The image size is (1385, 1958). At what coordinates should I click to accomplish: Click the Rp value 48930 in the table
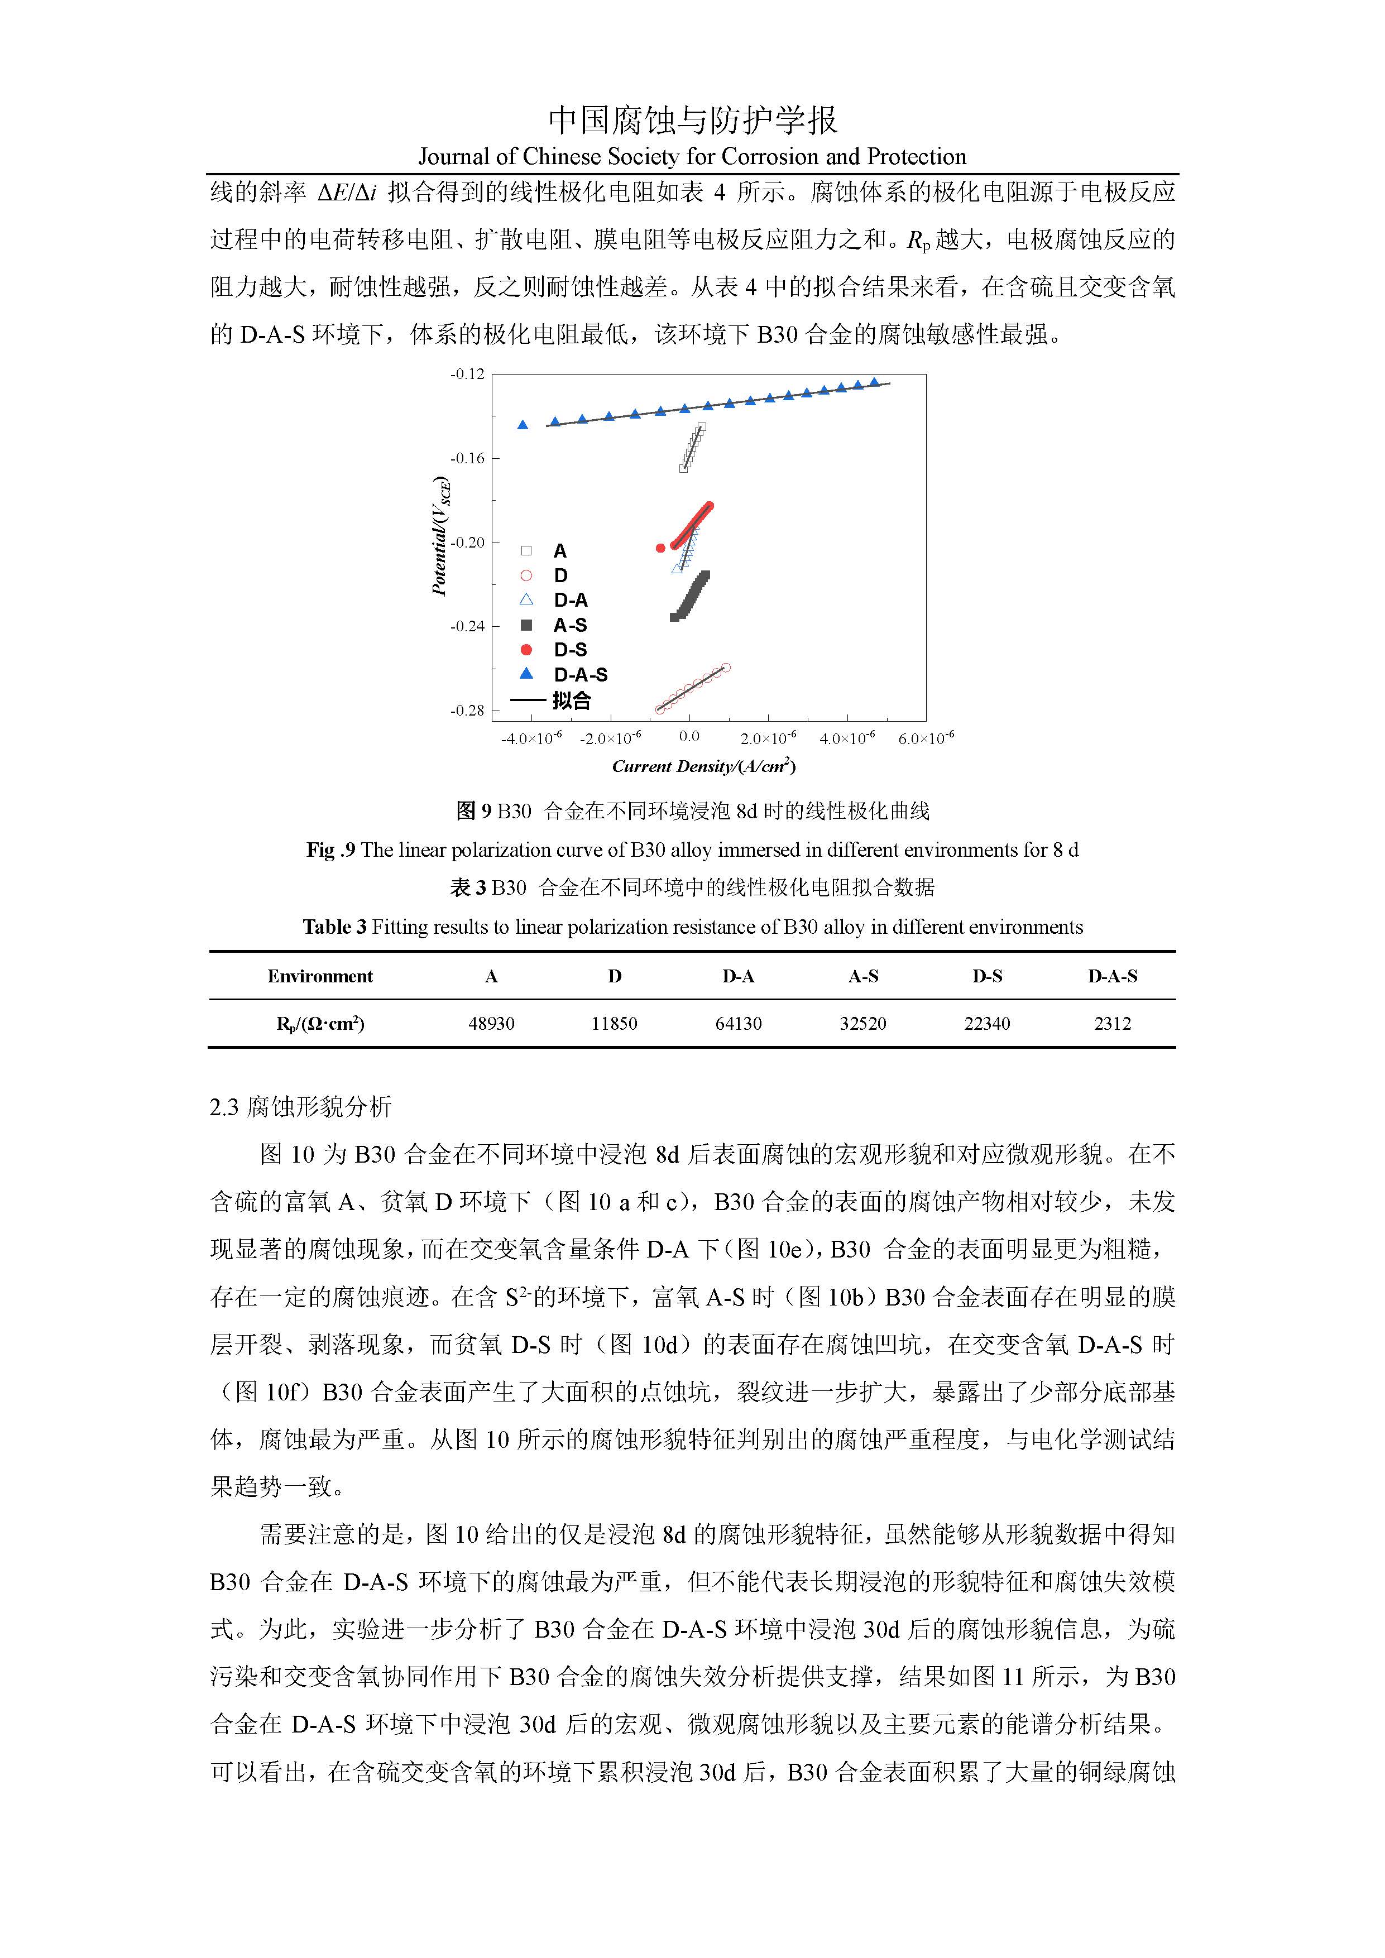491,1023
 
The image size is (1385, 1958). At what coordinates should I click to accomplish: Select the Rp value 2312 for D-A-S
1112,1023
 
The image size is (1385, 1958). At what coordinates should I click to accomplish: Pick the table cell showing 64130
739,1023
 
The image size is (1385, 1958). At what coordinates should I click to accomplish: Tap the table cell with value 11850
614,1023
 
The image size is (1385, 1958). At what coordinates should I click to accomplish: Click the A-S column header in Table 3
863,976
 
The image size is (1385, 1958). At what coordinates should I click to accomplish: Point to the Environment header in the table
320,976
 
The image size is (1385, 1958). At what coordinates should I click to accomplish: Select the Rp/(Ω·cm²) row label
320,1023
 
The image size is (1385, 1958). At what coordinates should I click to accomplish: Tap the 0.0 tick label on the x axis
689,737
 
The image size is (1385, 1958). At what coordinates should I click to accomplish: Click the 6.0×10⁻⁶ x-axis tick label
926,738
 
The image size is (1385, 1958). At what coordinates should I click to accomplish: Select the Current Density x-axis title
703,766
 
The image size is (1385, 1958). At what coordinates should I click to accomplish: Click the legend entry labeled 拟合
571,700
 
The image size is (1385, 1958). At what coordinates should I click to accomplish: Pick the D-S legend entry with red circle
570,650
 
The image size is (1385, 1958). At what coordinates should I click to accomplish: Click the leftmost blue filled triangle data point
523,425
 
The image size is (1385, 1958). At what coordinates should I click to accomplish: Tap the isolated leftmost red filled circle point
660,548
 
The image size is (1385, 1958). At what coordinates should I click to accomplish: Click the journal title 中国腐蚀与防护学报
692,120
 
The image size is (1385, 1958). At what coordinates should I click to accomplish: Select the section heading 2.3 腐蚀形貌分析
300,1107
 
